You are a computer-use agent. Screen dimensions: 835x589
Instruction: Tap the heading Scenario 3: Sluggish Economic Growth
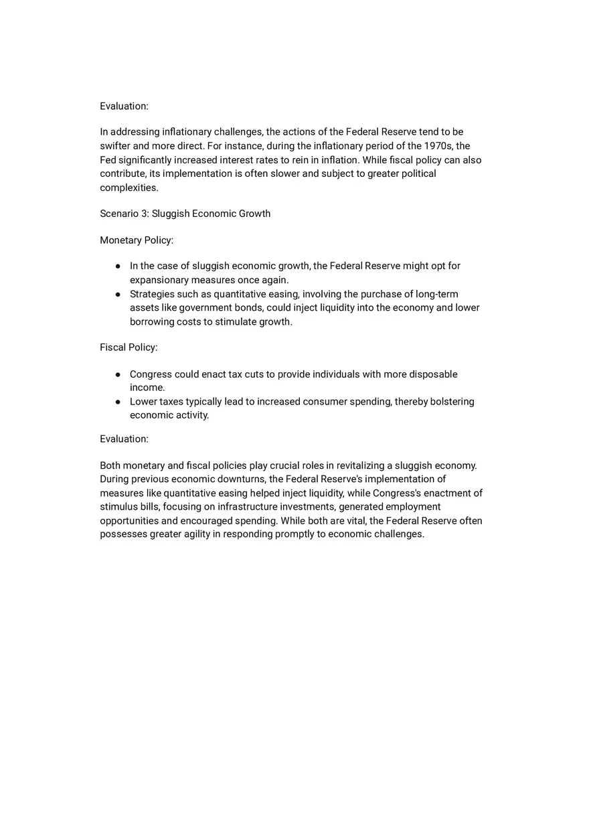[x=185, y=214]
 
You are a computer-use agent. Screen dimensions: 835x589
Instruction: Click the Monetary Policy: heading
[x=137, y=240]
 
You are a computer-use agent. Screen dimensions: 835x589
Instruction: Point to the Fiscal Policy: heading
[x=129, y=348]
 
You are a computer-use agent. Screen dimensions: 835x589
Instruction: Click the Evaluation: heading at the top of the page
[x=124, y=106]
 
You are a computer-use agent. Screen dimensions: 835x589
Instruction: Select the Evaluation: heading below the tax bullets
[x=124, y=439]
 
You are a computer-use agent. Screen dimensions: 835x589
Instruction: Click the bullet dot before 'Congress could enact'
[x=118, y=374]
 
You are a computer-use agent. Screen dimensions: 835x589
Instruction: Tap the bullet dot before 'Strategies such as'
[x=118, y=294]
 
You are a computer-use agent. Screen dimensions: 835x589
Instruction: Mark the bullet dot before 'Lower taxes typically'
[x=118, y=402]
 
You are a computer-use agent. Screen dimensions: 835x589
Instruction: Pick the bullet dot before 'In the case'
[x=118, y=267]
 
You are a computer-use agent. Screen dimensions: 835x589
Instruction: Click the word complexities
[x=129, y=187]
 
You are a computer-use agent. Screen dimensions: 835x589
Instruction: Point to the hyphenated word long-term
[x=437, y=294]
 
